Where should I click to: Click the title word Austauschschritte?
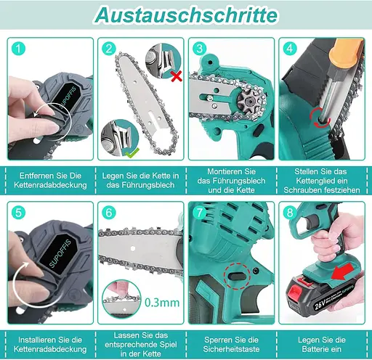186,15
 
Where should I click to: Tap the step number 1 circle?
18,49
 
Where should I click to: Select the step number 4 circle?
290,49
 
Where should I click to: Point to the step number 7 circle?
199,213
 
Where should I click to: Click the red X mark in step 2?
177,76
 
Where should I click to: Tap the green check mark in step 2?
132,153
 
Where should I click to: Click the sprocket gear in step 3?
248,100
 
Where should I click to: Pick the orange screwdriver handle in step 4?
347,56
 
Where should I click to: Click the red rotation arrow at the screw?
320,118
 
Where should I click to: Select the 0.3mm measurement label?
162,303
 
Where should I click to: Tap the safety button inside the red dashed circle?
237,276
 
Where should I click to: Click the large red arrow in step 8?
343,271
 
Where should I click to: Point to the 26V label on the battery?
320,305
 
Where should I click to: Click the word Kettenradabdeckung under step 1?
50,185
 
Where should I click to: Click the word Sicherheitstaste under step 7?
231,349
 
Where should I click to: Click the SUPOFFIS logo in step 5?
60,253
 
